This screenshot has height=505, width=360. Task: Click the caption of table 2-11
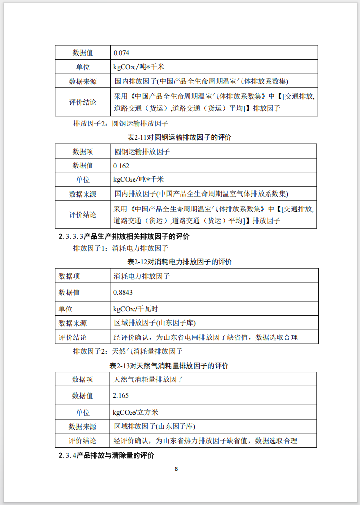tap(180, 137)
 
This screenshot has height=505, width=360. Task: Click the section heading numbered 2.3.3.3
tap(124, 236)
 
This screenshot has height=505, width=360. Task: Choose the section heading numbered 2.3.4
tap(106, 455)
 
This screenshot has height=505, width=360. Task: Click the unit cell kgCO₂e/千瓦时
tap(135, 309)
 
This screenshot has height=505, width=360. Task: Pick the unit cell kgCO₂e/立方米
tap(135, 412)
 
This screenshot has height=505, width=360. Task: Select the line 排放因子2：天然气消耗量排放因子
tap(128, 352)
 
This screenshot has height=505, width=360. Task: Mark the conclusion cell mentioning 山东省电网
tap(206, 337)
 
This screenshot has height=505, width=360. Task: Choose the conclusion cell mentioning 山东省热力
tap(206, 441)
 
